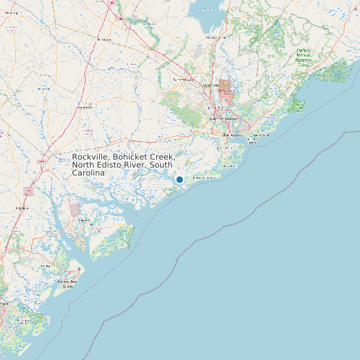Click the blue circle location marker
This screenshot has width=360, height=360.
[179, 179]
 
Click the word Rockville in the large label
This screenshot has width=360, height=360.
[91, 157]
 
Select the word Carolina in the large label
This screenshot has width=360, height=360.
[89, 173]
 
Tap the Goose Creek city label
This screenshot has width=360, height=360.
[211, 86]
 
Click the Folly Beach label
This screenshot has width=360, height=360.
[202, 178]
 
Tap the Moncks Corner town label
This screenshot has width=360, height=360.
[216, 37]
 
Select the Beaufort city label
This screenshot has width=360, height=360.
[84, 219]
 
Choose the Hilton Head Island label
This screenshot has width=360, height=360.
[68, 284]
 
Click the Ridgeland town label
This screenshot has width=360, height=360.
[23, 208]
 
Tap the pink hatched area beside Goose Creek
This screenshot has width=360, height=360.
[226, 88]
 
